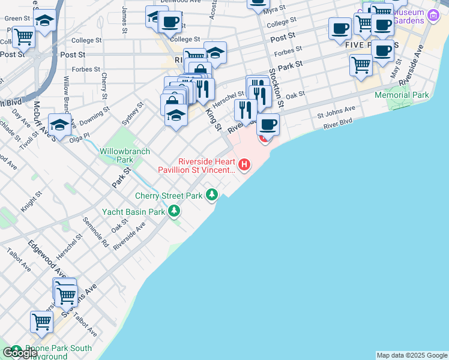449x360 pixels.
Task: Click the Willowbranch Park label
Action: coord(116,156)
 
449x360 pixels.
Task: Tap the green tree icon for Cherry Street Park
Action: coord(211,194)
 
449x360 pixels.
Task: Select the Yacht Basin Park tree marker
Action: coord(174,211)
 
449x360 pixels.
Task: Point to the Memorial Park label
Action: coord(402,95)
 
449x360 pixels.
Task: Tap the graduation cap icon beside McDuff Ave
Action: coord(59,124)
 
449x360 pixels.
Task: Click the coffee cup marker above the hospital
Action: coord(268,124)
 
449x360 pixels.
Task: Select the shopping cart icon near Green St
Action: coord(23,36)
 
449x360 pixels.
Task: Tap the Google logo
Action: coord(20,353)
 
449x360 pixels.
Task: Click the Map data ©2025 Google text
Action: coord(411,355)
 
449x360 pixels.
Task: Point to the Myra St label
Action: coord(274,11)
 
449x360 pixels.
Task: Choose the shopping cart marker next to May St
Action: coord(361,64)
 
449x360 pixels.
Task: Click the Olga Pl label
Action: coord(80,136)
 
